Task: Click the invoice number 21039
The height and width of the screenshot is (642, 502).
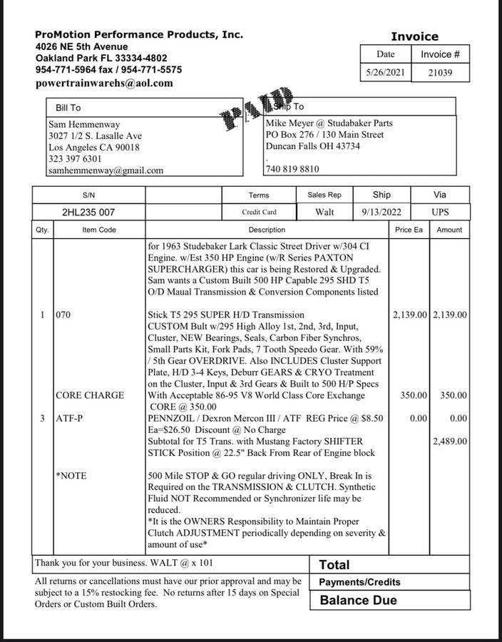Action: coord(440,72)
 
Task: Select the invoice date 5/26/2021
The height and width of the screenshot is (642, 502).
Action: coord(386,72)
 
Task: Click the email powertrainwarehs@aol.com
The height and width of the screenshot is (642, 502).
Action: coord(104,83)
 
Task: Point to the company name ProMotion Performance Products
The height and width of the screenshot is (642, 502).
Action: coord(139,34)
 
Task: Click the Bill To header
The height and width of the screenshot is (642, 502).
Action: coord(68,108)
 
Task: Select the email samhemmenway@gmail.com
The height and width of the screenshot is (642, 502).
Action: coord(106,170)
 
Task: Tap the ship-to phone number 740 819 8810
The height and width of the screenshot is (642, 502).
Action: coord(292,170)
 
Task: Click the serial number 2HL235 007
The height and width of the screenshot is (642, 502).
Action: coord(88,213)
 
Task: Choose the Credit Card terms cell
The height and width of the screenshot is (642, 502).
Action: coord(259,213)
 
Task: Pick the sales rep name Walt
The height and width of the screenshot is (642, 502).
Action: coord(324,213)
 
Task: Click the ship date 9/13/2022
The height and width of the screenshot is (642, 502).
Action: coord(381,213)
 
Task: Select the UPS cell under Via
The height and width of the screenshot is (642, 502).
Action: coord(440,213)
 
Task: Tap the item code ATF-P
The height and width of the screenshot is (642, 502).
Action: coord(69,418)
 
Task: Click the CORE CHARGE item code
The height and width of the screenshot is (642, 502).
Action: coord(89,395)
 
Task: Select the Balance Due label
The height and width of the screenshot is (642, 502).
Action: coord(358,600)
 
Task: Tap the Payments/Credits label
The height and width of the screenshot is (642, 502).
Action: coord(359,582)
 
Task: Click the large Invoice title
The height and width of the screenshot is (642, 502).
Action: coord(414,36)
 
